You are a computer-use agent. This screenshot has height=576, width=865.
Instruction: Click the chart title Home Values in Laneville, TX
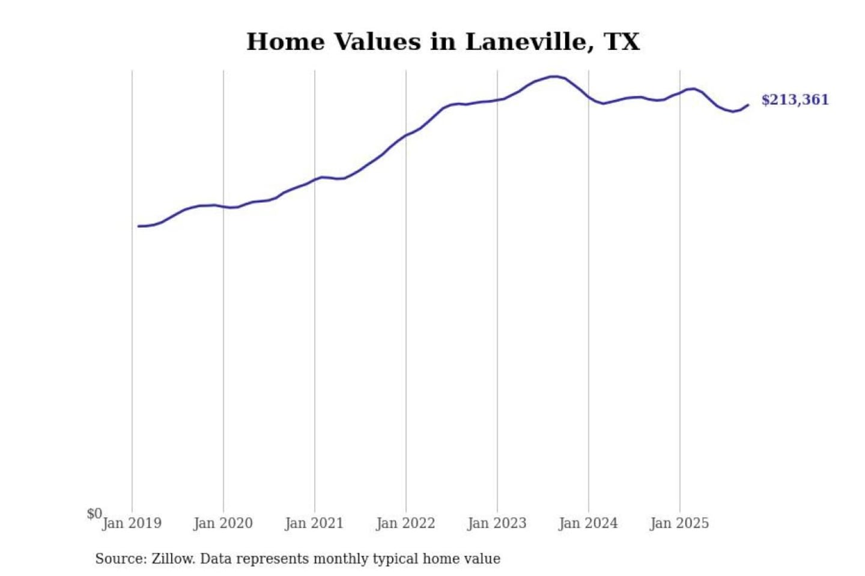443,42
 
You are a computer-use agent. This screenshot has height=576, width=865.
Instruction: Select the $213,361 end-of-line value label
795,100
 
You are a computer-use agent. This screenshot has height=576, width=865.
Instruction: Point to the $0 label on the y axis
94,514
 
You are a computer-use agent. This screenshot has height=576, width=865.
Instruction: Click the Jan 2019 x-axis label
132,523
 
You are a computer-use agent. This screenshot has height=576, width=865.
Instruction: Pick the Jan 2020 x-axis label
223,523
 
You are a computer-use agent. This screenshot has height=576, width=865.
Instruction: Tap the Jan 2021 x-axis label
314,523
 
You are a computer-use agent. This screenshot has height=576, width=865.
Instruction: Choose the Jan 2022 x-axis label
405,523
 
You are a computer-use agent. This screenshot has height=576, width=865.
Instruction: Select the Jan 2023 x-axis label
497,523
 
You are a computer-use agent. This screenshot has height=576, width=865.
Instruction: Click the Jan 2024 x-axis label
588,523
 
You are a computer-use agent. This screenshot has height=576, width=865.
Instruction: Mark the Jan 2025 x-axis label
679,523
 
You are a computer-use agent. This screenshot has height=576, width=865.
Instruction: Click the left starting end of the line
139,226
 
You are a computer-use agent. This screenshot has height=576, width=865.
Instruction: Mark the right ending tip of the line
748,105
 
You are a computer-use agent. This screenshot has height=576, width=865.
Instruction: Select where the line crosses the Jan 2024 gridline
589,97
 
